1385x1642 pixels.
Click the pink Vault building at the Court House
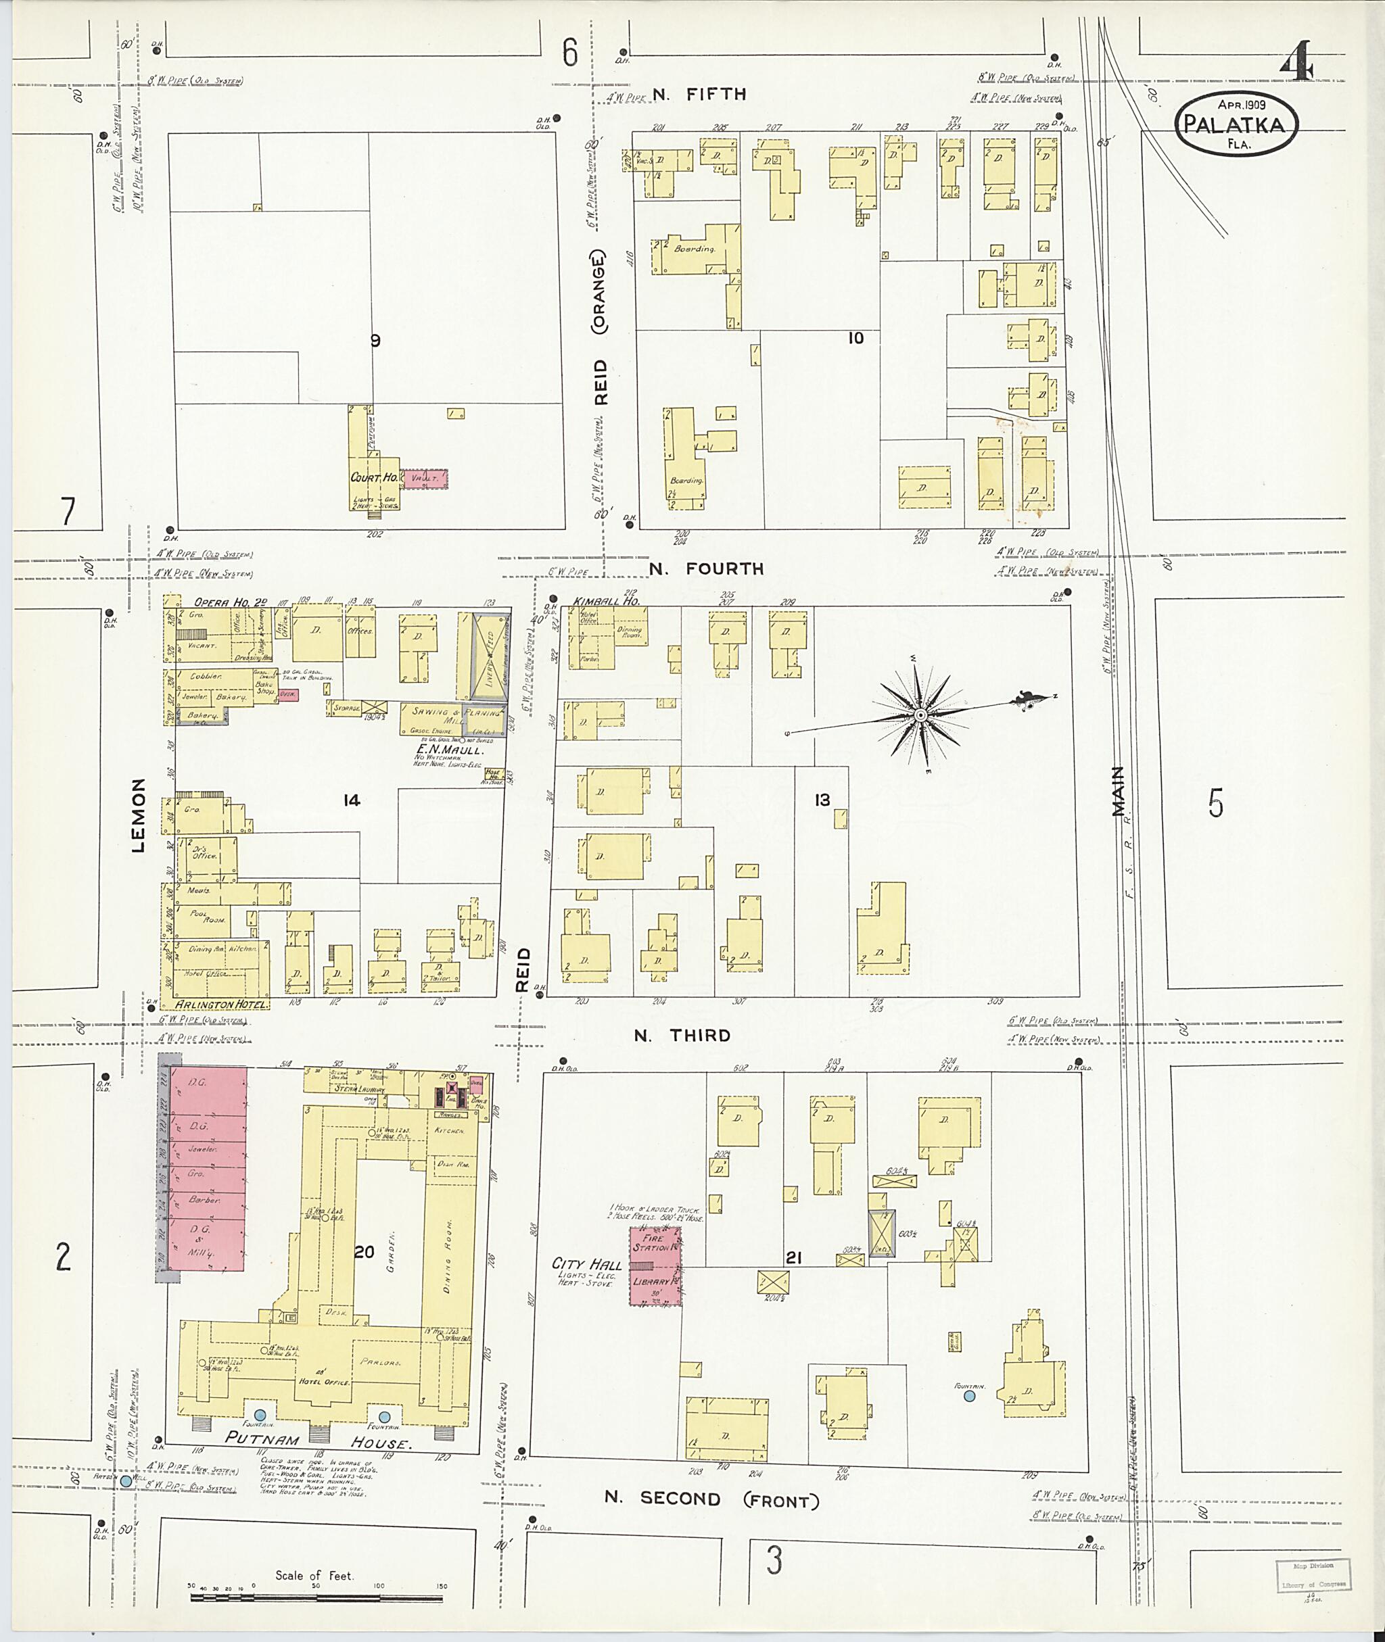(424, 479)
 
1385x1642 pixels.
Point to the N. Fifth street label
(699, 94)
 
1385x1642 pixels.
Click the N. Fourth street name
(706, 569)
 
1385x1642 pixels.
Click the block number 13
(822, 800)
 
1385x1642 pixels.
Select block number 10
(855, 337)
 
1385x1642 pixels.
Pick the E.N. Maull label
(450, 750)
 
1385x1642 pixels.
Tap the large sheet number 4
(1296, 63)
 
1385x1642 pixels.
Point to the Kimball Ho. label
(606, 600)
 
